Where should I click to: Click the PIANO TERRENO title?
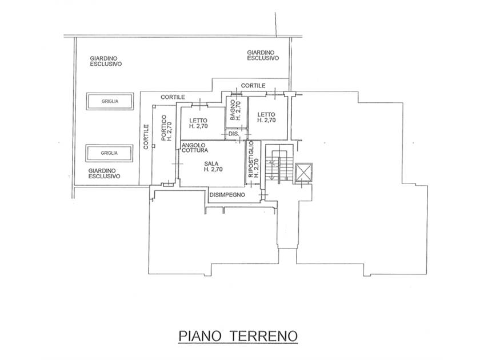238,336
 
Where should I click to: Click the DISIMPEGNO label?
227,195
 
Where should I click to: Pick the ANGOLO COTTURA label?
195,147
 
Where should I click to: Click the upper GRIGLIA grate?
110,101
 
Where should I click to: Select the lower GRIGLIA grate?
110,153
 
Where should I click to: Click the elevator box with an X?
303,173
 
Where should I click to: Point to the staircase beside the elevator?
278,165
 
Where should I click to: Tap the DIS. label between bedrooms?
234,134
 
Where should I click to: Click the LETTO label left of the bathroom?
198,123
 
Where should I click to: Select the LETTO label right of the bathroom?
266,117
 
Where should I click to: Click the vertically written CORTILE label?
146,137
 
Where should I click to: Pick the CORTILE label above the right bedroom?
253,86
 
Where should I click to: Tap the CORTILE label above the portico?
173,97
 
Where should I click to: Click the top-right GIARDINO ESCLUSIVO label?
263,55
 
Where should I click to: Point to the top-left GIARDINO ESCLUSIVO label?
106,61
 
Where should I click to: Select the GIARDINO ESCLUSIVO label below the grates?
104,174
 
